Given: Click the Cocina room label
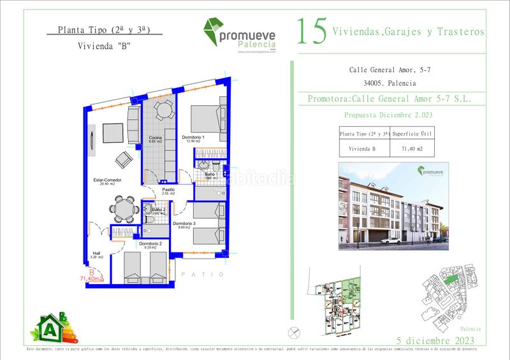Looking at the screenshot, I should tap(155, 139).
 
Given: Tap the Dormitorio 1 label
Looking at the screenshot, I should tap(193, 139).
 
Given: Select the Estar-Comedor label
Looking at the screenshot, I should tap(106, 180).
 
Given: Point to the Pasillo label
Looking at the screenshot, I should tap(168, 190).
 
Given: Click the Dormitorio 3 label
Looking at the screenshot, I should tap(184, 224).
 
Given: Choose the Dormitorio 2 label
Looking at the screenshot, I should tap(150, 244).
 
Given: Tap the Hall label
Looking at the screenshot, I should tap(95, 252).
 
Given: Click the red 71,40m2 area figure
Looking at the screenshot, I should tap(92, 278).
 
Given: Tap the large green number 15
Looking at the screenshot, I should tap(312, 31).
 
